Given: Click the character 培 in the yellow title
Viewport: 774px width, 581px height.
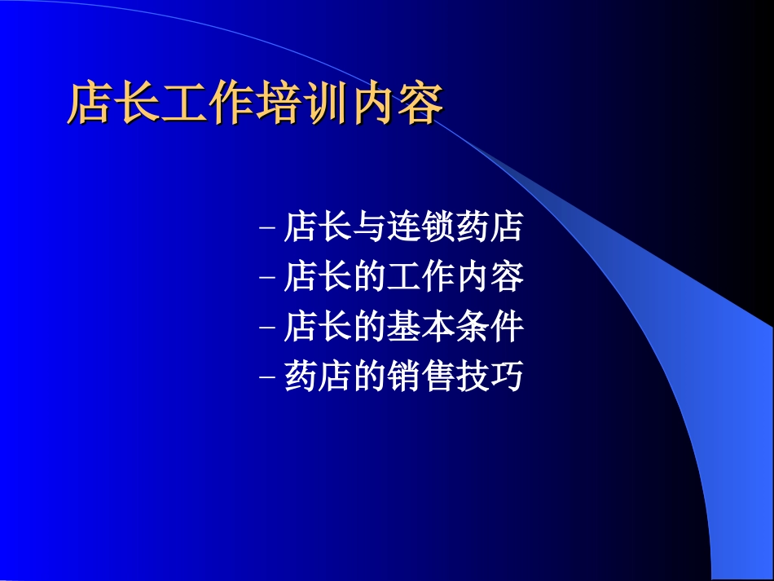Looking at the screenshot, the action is (279, 103).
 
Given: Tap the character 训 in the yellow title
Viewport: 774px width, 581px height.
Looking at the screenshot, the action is (326, 103).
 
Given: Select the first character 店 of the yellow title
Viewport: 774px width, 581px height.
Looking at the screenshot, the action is (90, 103).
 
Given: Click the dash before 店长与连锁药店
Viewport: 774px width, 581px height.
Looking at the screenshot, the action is (266, 227).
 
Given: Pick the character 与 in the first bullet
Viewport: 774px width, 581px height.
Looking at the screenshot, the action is (369, 227).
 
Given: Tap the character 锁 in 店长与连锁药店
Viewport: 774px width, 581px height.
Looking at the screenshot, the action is (438, 227).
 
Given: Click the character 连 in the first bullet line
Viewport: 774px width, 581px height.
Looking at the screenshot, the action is (404, 227).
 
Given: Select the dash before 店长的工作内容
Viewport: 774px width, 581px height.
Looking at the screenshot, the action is (266, 277).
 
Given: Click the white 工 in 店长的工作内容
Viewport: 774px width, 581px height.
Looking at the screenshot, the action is (404, 276).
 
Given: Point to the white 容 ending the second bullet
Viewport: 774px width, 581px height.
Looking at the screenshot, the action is (507, 276).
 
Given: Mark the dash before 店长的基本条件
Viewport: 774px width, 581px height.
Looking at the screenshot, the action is (266, 328).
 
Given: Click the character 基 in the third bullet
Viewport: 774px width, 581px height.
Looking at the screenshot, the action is (404, 326).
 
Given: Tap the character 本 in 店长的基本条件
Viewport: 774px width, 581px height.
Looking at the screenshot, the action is (438, 326).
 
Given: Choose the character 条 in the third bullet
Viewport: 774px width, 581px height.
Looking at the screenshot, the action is (473, 326).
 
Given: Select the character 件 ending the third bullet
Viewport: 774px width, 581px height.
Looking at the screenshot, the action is (507, 326).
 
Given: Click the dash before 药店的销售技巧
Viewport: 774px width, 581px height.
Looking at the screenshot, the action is (266, 377).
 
